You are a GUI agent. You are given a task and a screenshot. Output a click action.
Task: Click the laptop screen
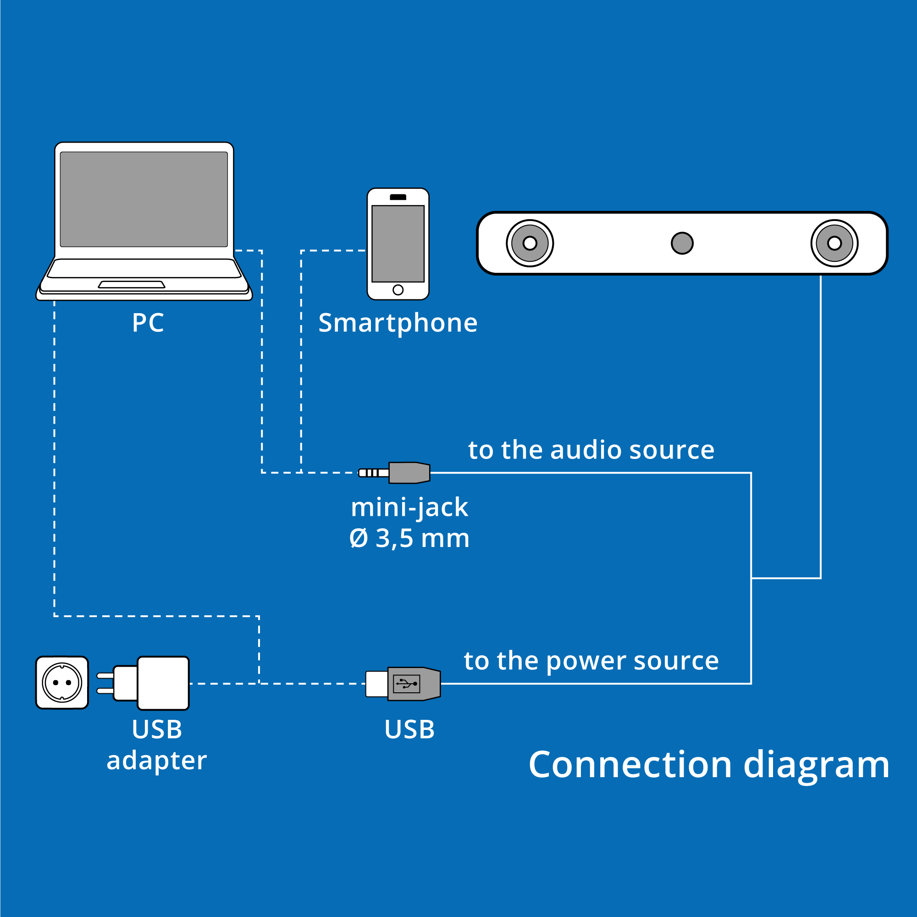[x=144, y=199]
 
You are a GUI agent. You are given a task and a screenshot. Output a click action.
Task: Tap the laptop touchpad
[x=132, y=285]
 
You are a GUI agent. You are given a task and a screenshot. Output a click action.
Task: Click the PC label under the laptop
[x=148, y=323]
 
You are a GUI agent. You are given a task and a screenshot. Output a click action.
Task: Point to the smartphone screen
[x=398, y=243]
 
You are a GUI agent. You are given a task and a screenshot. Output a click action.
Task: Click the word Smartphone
[x=398, y=323]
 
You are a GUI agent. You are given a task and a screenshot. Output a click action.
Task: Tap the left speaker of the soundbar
[x=530, y=243]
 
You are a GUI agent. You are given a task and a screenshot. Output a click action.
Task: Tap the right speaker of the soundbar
[x=834, y=243]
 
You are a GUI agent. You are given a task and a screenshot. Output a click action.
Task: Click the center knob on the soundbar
[x=682, y=243]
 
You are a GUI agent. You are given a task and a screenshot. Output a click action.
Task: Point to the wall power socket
[x=62, y=683]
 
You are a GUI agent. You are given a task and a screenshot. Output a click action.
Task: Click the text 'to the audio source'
[x=591, y=450]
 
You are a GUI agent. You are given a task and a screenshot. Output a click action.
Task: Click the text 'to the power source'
[x=591, y=661]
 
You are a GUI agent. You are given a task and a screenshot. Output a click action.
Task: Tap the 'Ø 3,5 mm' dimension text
[x=409, y=539]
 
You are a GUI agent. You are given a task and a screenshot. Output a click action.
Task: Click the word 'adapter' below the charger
[x=157, y=760]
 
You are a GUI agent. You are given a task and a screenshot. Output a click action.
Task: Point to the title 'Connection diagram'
[x=709, y=765]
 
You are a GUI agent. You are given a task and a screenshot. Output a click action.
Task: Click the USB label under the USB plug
[x=409, y=729]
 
